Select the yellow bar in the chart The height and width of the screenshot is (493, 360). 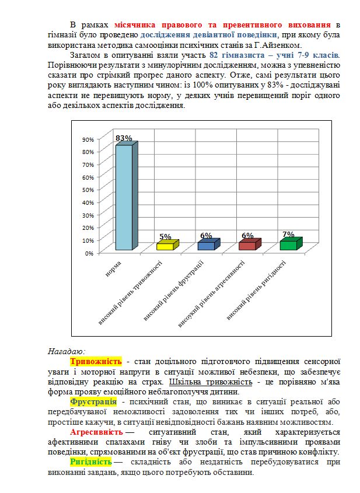click(165, 246)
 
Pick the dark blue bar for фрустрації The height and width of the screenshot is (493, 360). click(207, 246)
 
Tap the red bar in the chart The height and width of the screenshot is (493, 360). click(247, 246)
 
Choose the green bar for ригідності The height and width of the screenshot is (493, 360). click(288, 244)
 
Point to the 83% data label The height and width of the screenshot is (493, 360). click(124, 138)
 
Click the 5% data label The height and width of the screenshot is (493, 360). click(165, 237)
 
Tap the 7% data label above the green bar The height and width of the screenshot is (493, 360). click(288, 234)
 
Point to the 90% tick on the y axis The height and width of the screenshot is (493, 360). click(88, 139)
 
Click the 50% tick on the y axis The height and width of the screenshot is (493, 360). click(88, 190)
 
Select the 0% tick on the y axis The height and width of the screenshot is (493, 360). click(89, 253)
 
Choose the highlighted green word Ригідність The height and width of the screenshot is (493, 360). click(90, 461)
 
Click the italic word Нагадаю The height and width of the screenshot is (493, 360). click(66, 351)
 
